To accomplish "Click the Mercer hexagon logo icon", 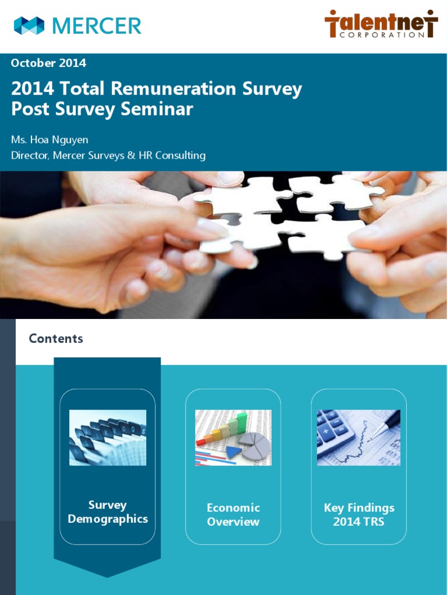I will point(29,26).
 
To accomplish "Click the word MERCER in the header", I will point(97,26).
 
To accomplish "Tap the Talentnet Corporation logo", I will point(381,24).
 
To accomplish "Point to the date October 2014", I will point(48,63).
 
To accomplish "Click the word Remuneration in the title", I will point(172,89).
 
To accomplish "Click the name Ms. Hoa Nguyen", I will point(49,139).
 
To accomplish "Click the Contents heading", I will point(56,339).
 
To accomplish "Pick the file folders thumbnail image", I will point(108,438).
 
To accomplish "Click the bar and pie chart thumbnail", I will point(233,438).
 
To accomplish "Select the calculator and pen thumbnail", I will point(359,438).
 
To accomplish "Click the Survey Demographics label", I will point(108,512).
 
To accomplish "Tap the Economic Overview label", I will point(233,515).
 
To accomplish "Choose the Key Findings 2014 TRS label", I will point(359,515).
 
